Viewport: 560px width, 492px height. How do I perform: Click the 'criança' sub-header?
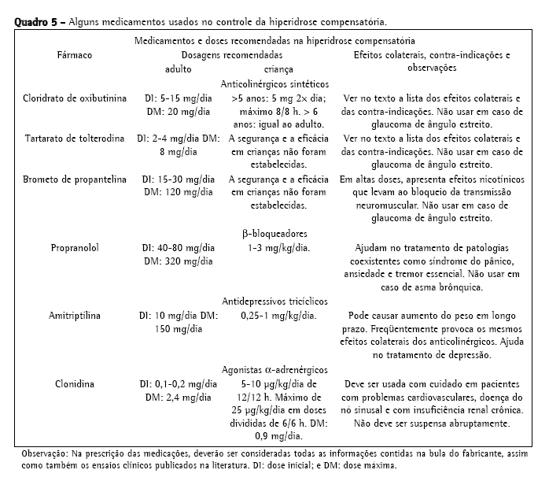(268, 68)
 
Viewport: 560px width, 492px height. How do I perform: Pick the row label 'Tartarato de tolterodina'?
(74, 139)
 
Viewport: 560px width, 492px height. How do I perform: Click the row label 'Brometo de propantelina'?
(74, 179)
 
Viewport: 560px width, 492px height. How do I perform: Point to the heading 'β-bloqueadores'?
(275, 234)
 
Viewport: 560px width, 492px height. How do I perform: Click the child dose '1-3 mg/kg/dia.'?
(275, 248)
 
